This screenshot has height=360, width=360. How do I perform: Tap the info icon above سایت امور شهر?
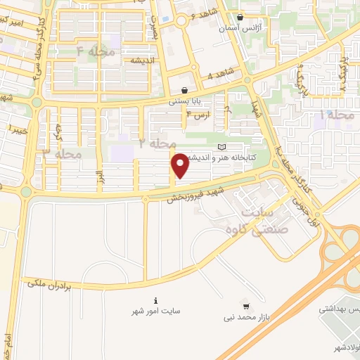(155, 300)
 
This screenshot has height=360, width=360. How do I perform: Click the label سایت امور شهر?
(155, 310)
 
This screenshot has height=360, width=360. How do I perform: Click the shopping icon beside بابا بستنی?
(184, 90)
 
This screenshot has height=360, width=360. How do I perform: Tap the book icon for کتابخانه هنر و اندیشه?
(223, 147)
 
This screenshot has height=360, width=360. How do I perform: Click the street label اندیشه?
(141, 60)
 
